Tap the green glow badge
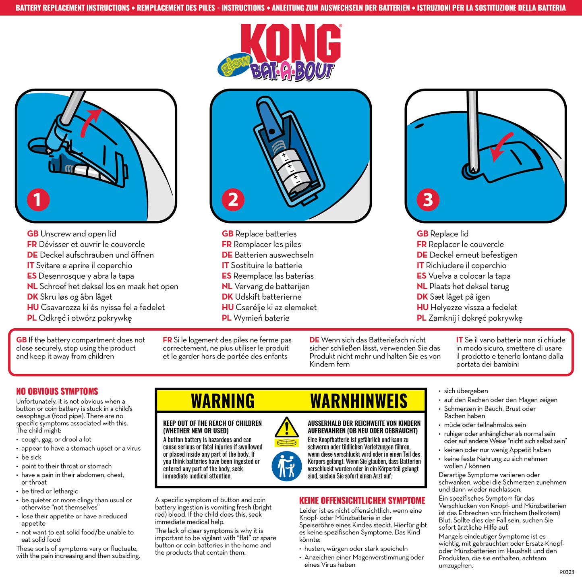[234, 65]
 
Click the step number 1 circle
[38, 200]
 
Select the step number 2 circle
[233, 200]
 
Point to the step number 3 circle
[428, 200]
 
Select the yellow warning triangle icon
[286, 428]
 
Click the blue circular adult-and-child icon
[286, 466]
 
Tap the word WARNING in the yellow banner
[223, 401]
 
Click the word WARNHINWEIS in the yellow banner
[358, 401]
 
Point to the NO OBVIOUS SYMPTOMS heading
[57, 391]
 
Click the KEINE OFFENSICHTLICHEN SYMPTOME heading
[362, 501]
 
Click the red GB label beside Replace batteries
[227, 234]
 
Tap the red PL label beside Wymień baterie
[226, 318]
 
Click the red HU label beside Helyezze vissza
[422, 307]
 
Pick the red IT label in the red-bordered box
[459, 340]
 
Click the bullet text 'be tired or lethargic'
[50, 491]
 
